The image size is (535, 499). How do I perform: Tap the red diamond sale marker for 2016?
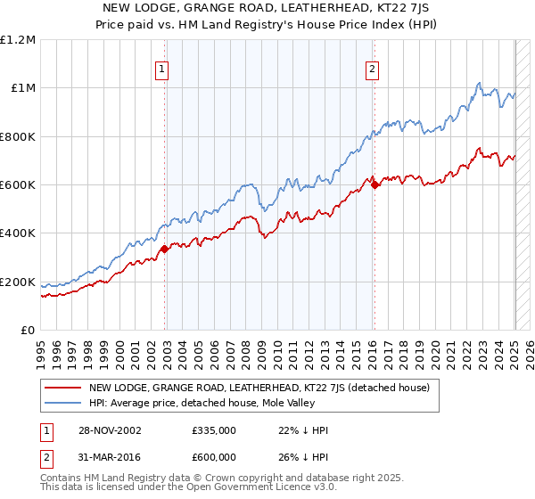tap(375, 184)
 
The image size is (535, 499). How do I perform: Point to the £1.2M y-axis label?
tap(18, 39)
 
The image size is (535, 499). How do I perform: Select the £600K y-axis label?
tap(18, 185)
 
